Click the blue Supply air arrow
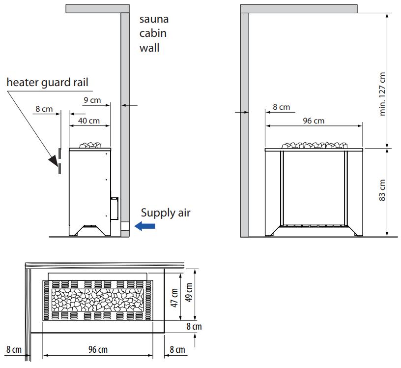[x=145, y=226]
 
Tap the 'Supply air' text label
[x=166, y=213]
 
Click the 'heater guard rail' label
[x=47, y=83]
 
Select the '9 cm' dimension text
[x=92, y=100]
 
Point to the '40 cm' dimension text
[x=89, y=121]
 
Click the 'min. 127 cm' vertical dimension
[x=382, y=94]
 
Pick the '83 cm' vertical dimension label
[x=382, y=190]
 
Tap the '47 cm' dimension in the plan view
[x=174, y=298]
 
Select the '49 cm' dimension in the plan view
[x=189, y=292]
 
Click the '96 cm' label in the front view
[x=314, y=121]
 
